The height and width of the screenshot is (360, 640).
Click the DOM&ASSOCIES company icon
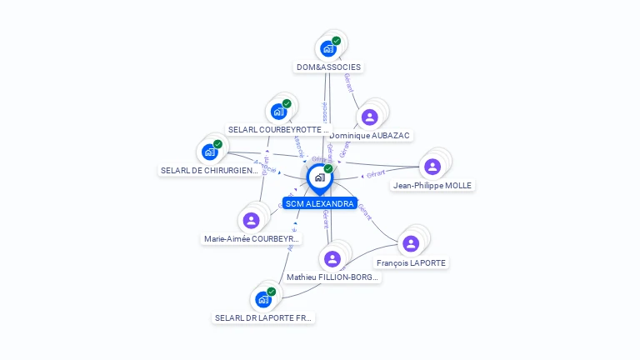328,48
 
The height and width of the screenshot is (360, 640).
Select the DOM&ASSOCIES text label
330,67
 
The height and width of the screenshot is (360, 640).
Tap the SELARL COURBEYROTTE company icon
278,112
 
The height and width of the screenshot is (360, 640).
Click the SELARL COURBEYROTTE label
278,130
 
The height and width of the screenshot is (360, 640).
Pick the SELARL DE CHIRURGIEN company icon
209,152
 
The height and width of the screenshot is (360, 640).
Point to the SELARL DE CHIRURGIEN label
209,171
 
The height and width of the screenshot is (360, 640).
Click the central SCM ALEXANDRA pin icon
319,177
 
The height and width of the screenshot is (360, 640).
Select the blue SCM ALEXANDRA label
319,203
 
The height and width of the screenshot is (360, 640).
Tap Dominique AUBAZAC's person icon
369,117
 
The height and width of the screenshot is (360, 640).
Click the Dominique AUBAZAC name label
370,135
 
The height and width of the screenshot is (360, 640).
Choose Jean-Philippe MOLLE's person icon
432,167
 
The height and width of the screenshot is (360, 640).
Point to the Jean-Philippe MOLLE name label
432,185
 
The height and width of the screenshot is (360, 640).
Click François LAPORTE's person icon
410,243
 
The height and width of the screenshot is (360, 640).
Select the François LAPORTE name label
411,262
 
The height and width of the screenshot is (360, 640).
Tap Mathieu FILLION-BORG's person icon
332,258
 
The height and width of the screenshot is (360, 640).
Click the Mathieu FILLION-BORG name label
333,277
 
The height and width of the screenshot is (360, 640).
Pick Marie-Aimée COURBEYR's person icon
251,220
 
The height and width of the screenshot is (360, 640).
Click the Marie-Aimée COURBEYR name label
252,239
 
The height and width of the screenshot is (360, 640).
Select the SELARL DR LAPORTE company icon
263,299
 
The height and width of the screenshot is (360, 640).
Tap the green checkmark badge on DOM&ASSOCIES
337,40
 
